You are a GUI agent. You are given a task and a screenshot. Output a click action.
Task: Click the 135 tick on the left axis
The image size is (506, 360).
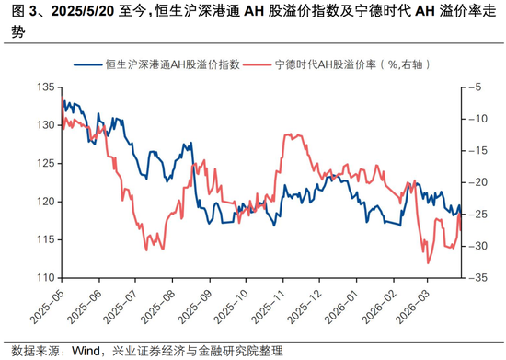43,87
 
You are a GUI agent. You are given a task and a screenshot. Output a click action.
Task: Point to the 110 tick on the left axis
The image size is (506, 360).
43,277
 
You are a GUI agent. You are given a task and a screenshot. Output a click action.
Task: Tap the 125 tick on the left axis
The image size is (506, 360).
43,163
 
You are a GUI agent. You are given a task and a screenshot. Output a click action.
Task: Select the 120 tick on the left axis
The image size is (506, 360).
43,201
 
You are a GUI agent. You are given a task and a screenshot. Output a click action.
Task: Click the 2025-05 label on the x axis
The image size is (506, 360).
49,307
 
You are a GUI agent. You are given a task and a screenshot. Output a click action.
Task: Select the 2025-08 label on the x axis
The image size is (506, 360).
156,307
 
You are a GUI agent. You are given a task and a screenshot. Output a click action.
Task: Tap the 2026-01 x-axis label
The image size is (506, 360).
338,307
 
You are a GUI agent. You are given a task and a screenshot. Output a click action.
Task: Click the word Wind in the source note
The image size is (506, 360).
86,350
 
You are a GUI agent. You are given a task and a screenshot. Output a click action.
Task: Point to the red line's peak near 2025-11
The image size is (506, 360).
289,134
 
